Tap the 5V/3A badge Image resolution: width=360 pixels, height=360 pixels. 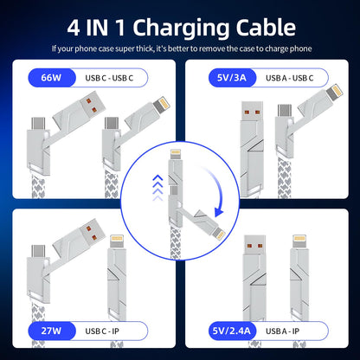pos(215,78)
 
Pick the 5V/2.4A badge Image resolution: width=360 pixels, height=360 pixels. pos(217,330)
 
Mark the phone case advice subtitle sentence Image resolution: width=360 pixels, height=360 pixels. pos(180,48)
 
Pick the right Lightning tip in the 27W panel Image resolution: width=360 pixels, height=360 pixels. pos(117,245)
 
